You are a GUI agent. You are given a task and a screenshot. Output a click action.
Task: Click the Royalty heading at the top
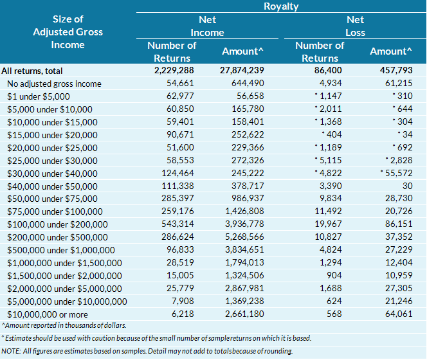(281, 7)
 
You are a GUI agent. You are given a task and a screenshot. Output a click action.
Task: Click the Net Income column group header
(207, 26)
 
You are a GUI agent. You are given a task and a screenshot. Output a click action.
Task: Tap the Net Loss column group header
(355, 26)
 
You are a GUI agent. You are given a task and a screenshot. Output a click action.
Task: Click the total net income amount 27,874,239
(242, 71)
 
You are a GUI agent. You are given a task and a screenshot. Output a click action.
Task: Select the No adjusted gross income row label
(54, 84)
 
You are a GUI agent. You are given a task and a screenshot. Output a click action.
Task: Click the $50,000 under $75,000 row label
(52, 199)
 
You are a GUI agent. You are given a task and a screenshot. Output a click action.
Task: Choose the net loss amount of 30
(405, 186)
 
